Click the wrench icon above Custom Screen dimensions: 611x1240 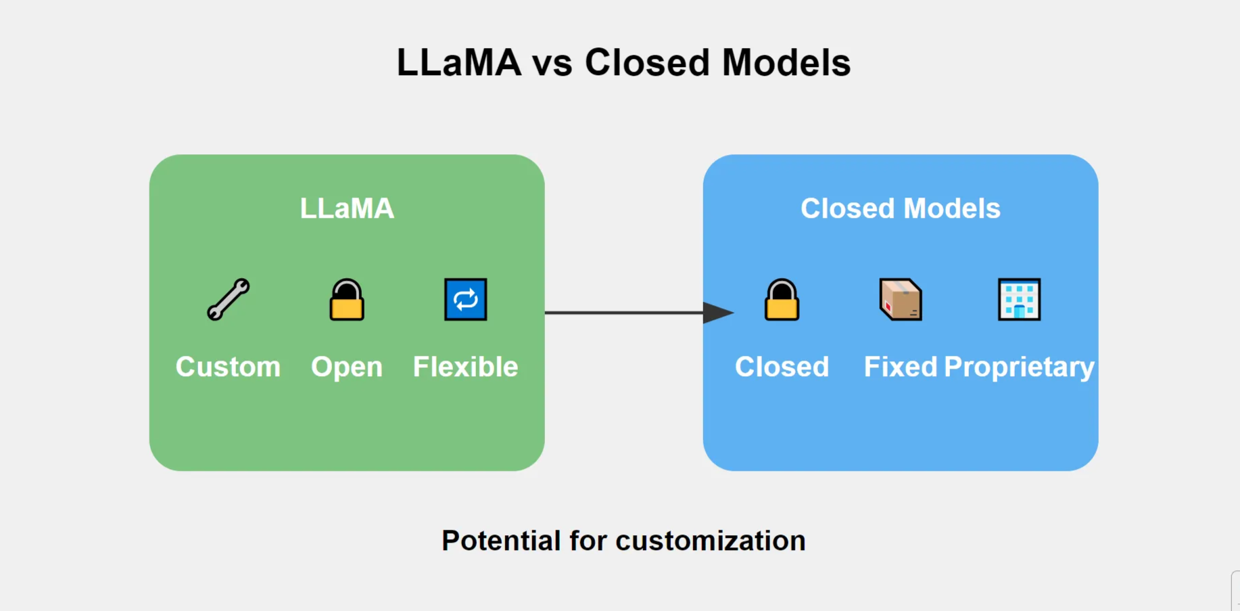click(228, 299)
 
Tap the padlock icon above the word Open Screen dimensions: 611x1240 click(346, 300)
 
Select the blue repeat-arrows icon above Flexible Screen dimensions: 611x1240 click(465, 299)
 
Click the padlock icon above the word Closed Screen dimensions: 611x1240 click(782, 300)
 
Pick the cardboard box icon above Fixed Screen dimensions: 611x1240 click(901, 299)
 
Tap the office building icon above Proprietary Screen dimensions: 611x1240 click(1019, 299)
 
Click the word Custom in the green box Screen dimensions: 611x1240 click(228, 367)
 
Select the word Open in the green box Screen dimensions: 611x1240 click(346, 367)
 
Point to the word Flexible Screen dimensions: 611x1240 click(465, 367)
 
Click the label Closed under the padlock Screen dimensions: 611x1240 click(782, 367)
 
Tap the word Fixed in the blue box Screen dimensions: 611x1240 click(900, 367)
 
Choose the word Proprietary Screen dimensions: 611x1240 click(1019, 367)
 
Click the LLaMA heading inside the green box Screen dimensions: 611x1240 click(347, 208)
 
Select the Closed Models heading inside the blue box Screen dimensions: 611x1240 click(900, 208)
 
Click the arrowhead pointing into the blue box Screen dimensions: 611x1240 click(718, 313)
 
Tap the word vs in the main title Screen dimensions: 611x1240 click(552, 63)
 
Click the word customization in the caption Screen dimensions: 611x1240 click(710, 541)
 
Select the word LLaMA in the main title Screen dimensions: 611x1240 click(458, 63)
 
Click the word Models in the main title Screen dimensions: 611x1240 click(786, 63)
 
